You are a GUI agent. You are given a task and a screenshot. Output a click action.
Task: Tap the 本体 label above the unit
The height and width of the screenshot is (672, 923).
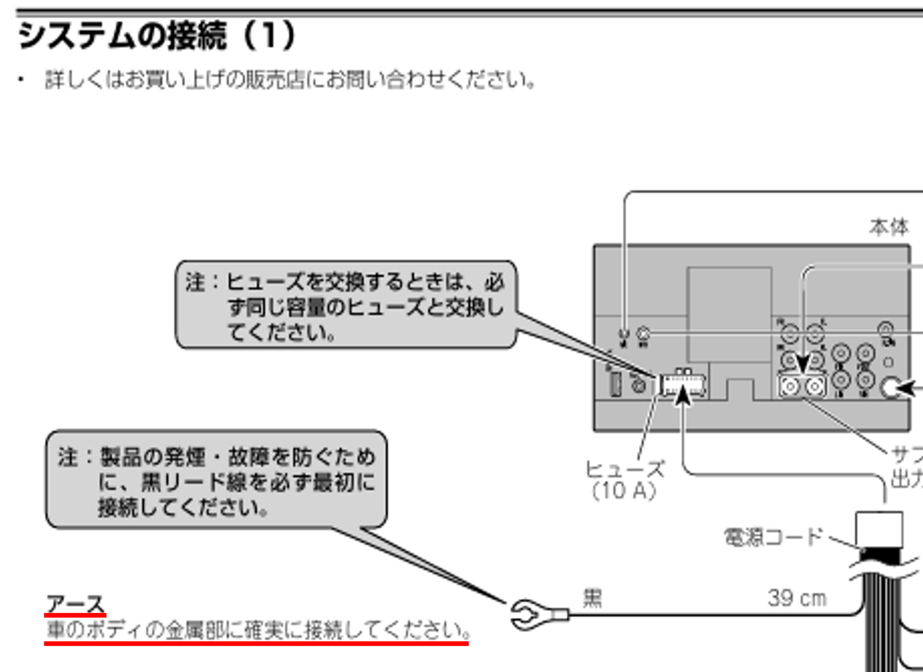click(x=888, y=227)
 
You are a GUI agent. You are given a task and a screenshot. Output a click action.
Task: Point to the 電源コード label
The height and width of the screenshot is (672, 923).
click(x=773, y=537)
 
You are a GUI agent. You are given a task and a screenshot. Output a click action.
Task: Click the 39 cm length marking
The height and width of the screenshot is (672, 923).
click(x=797, y=598)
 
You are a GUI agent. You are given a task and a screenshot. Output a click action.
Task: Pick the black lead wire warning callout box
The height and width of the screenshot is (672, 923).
click(x=216, y=480)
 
